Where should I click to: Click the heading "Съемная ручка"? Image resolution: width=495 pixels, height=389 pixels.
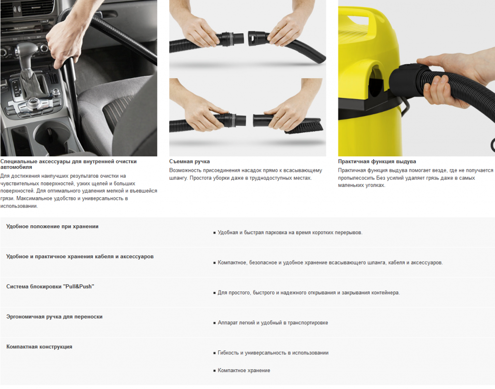[189, 162]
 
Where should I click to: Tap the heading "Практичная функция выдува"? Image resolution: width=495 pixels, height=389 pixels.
[377, 162]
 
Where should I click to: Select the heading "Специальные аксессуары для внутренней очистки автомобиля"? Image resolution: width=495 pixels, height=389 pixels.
[69, 164]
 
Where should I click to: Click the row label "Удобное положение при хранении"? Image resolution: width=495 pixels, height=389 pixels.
[52, 226]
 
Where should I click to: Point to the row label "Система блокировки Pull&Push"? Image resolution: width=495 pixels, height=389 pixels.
[50, 286]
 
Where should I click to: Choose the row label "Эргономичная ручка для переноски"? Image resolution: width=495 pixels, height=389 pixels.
[54, 317]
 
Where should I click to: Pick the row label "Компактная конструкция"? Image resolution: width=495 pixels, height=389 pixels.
[39, 347]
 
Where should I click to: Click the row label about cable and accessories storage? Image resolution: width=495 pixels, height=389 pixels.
[80, 256]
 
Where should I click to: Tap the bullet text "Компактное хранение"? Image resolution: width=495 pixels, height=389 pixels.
[244, 370]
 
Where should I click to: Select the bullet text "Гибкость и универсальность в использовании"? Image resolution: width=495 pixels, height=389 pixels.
[273, 353]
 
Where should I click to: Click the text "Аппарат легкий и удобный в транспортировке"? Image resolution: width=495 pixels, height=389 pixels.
[273, 322]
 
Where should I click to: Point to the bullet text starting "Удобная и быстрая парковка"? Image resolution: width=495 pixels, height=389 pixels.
[290, 232]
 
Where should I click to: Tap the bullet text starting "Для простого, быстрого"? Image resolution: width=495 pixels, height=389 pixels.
[308, 292]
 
